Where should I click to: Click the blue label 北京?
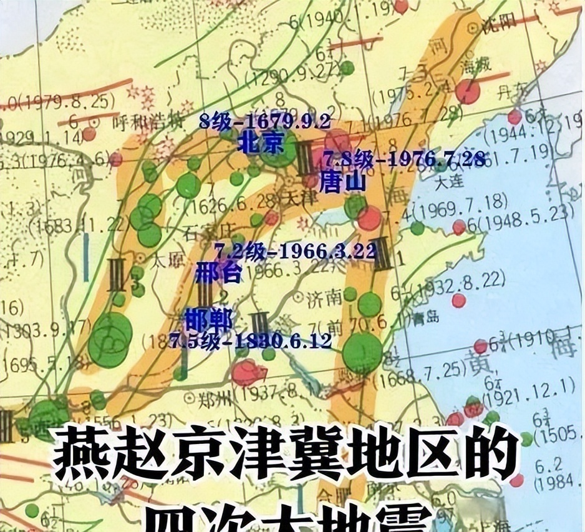click(x=261, y=144)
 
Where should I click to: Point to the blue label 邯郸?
click(x=208, y=321)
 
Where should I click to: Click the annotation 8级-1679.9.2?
click(x=264, y=122)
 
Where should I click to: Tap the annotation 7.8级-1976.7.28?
click(x=404, y=160)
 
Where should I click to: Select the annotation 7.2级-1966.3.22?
click(x=295, y=252)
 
